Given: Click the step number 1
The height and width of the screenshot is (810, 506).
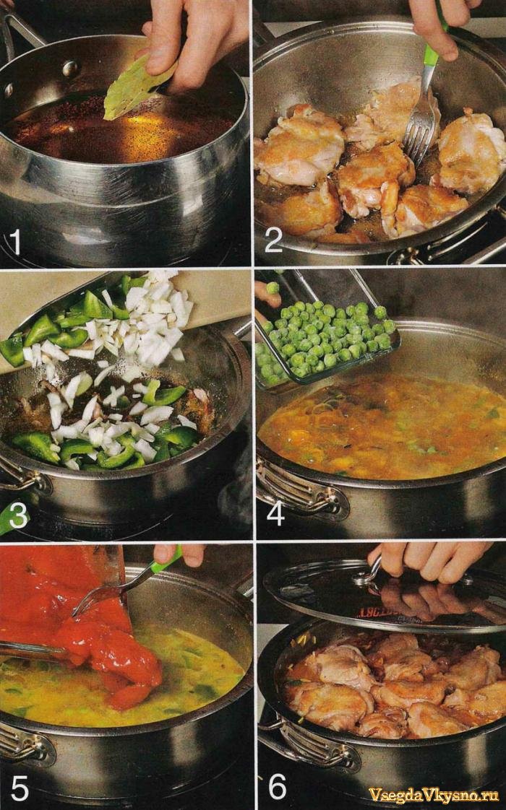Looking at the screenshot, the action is coord(15,242).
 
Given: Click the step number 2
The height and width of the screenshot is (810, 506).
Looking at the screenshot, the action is coord(274,240).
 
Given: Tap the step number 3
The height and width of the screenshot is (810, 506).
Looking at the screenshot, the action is coord(18,516).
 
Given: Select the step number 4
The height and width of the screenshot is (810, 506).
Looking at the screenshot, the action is coord(275,513).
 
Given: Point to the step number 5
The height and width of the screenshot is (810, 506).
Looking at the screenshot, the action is coord(20,788).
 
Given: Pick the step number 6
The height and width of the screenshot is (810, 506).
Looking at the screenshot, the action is coord(278,787).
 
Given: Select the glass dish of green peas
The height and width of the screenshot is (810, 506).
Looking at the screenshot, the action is coord(327,331).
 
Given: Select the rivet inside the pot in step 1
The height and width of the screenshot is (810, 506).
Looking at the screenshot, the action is coord(69,68).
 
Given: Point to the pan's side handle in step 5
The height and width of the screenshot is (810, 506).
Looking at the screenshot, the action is coord(26,743).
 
